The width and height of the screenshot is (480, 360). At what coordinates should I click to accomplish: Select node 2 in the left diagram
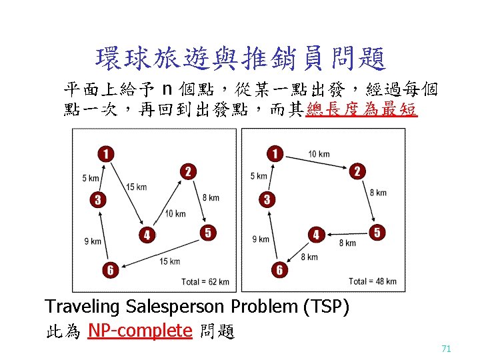[187, 173]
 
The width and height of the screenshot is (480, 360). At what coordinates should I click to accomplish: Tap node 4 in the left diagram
[147, 235]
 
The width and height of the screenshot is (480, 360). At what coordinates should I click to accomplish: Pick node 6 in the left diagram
[110, 269]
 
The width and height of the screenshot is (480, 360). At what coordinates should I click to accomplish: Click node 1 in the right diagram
[273, 154]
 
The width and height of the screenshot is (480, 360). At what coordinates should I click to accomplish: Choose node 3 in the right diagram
[267, 199]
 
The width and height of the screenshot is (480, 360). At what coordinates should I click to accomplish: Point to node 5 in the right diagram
[377, 233]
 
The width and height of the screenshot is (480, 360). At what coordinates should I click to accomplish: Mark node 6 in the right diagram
[280, 269]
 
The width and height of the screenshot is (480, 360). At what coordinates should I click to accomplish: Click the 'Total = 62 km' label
[205, 282]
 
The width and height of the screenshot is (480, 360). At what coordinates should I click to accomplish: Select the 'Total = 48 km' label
[372, 282]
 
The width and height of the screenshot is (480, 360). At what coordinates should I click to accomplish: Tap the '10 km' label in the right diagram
[319, 155]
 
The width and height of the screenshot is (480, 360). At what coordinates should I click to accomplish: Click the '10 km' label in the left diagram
[175, 214]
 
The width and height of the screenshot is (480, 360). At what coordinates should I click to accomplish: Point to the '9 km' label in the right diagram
[260, 239]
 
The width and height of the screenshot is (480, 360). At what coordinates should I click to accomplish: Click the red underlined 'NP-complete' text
[140, 331]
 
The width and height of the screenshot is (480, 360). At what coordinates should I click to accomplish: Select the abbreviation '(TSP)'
[326, 307]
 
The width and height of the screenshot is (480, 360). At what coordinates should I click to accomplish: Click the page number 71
[446, 349]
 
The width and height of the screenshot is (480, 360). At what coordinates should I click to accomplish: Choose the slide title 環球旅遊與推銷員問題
[240, 59]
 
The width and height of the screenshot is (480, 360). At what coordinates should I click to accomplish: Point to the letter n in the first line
[168, 89]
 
